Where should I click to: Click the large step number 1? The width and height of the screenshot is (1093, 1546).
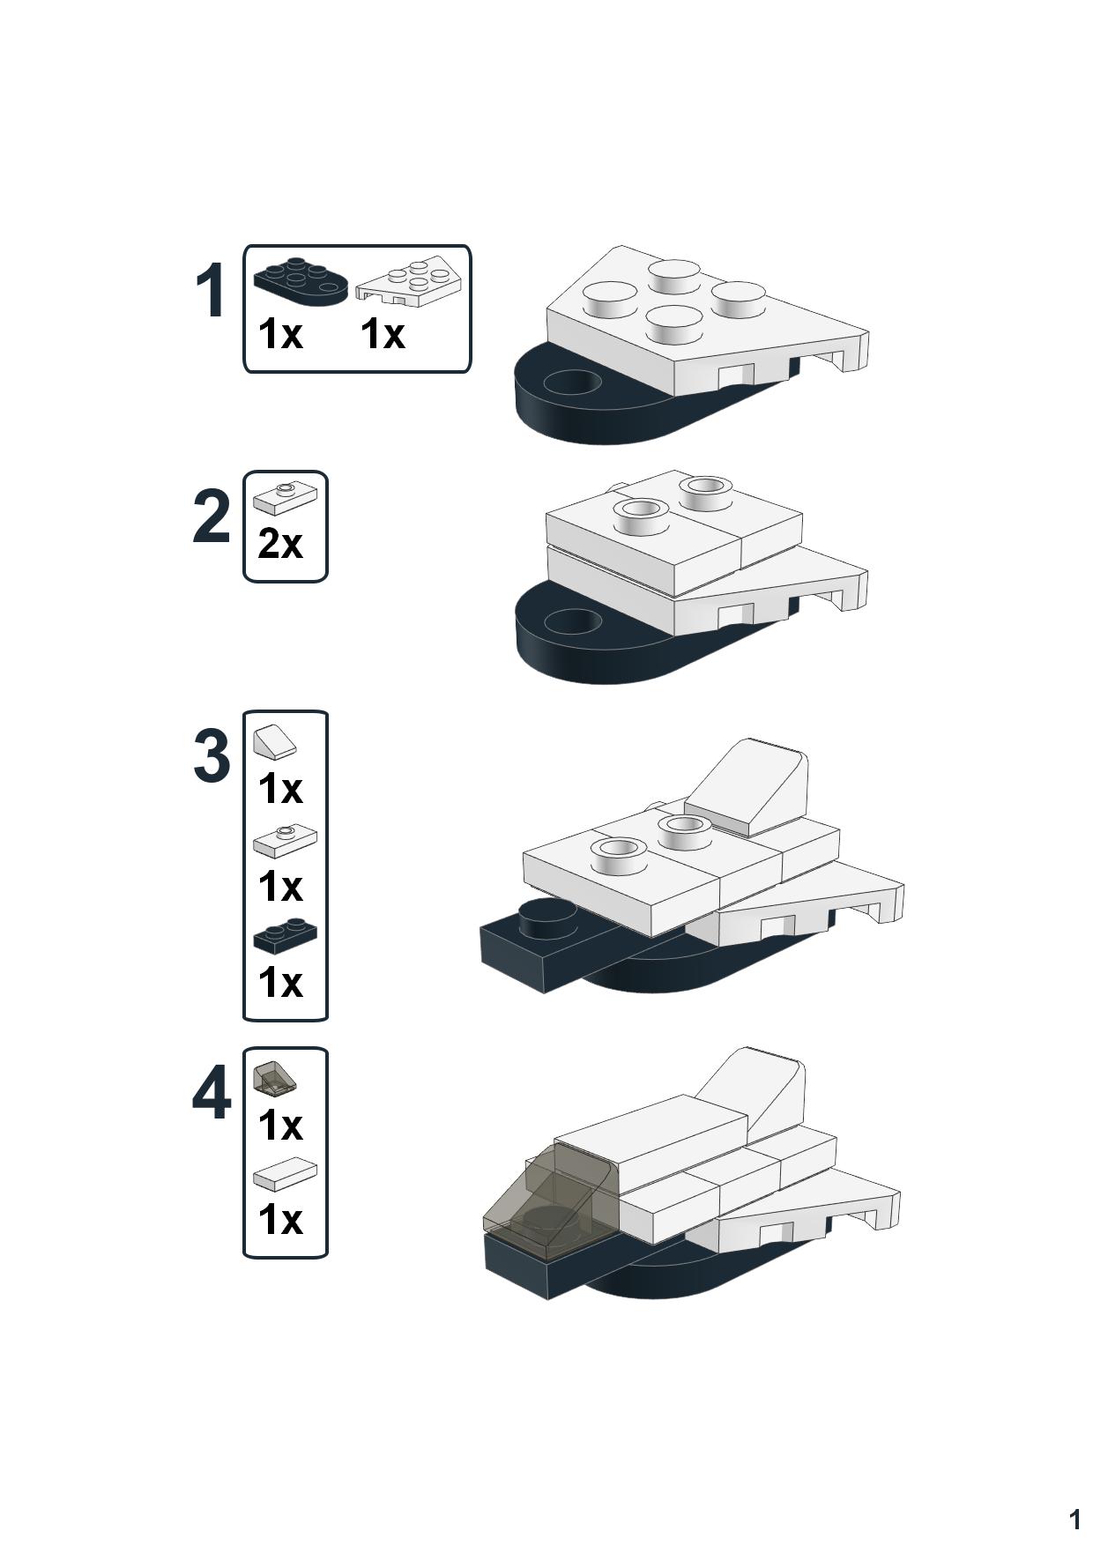[x=210, y=291]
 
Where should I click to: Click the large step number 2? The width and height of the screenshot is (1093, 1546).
[x=212, y=517]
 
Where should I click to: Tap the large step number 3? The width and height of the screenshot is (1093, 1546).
[x=212, y=756]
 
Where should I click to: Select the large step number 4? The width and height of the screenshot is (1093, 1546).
[x=212, y=1094]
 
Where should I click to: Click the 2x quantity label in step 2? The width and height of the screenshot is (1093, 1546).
[x=280, y=544]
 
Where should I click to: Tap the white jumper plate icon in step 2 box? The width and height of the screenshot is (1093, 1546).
[x=285, y=498]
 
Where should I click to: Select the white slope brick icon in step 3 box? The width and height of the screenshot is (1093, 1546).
[x=275, y=742]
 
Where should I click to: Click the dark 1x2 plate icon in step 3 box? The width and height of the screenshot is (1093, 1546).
[x=285, y=935]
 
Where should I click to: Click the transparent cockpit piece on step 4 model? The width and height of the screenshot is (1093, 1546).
[x=546, y=1203]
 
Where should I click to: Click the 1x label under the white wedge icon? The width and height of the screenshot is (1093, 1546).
[x=383, y=334]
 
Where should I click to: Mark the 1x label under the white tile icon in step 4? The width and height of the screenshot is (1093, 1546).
[x=280, y=1220]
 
